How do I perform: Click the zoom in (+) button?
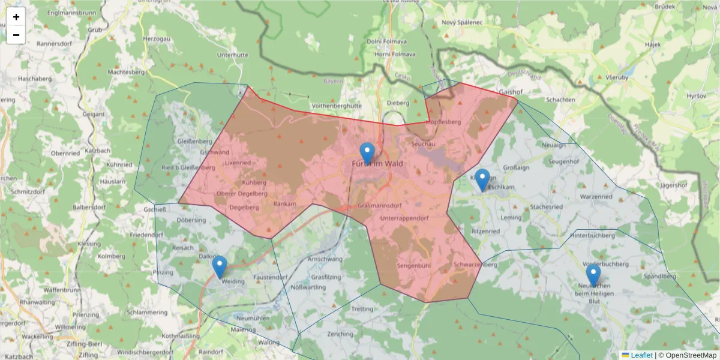[x=16, y=17]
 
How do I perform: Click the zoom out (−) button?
[x=16, y=35]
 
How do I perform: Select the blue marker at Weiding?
[x=220, y=267]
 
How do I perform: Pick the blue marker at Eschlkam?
[x=482, y=180]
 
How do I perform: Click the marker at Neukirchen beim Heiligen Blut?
[x=593, y=275]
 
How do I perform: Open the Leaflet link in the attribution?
[x=641, y=355]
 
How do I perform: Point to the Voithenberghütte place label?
[x=337, y=106]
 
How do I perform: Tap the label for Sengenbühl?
[x=414, y=265]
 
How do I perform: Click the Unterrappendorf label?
[x=406, y=218]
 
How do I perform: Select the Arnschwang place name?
[x=325, y=259]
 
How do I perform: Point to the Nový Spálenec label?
[x=462, y=22]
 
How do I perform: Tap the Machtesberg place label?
[x=126, y=72]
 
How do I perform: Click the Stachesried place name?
[x=547, y=207]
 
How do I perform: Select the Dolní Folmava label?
[x=387, y=41]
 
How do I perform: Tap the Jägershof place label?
[x=673, y=185]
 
